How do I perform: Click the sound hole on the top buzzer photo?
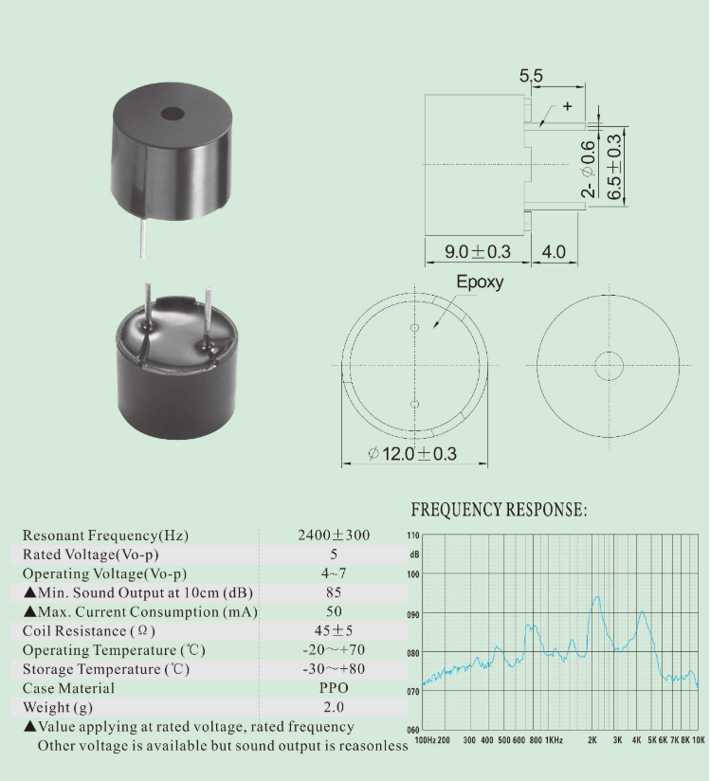pos(173,114)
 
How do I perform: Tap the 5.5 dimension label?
pos(531,76)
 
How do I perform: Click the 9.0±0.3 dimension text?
pos(478,251)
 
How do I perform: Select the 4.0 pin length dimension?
pos(554,251)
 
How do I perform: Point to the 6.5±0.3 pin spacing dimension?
pos(614,167)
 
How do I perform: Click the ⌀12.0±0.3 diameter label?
pos(412,454)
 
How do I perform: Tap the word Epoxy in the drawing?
pos(480,282)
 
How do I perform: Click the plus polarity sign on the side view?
pos(568,106)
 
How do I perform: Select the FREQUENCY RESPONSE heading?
pos(499,510)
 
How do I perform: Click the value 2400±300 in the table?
pos(334,535)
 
